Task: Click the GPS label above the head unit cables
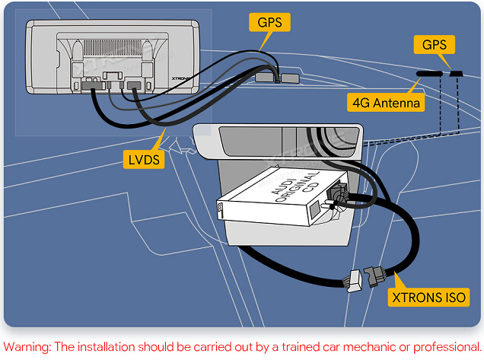pos(269,22)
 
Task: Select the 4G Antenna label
pos(387,101)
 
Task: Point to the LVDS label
pos(144,160)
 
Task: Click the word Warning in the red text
pos(27,347)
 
